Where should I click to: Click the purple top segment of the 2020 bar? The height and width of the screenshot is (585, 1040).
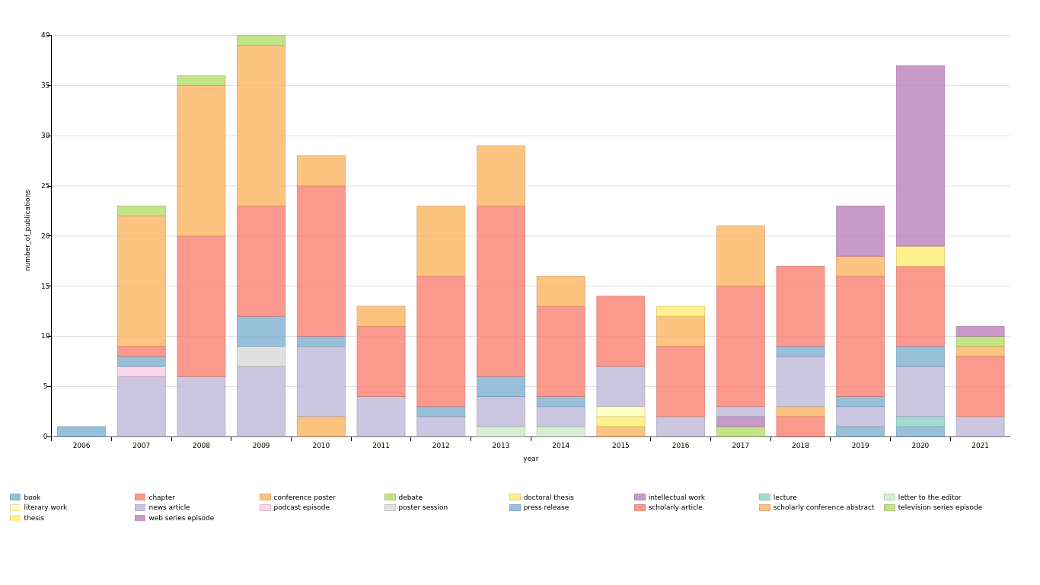(920, 155)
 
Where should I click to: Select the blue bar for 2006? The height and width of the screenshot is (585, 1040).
(81, 431)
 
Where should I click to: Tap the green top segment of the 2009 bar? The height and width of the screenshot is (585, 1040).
(261, 40)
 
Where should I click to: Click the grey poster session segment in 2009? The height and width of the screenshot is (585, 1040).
(261, 356)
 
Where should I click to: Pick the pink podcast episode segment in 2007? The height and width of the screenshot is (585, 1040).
(141, 371)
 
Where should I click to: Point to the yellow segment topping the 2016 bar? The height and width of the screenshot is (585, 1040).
(681, 311)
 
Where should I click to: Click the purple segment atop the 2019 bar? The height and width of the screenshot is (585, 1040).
(860, 231)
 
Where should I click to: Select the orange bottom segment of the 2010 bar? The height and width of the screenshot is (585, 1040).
(321, 427)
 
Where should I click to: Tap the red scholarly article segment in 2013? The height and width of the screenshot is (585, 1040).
(500, 291)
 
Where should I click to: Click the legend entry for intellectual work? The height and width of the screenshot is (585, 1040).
(676, 497)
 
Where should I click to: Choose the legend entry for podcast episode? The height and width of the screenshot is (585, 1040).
(301, 507)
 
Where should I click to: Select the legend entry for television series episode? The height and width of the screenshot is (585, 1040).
(940, 507)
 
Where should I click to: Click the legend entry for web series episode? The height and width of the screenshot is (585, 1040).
(181, 518)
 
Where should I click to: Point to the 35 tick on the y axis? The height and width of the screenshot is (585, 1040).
(45, 85)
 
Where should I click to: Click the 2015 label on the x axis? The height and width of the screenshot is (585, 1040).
(620, 446)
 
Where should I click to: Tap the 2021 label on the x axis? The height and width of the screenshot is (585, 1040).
(980, 446)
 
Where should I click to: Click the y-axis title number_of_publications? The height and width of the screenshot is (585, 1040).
(27, 230)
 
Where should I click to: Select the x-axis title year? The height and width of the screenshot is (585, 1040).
(531, 459)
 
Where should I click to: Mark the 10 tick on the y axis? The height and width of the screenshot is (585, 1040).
(45, 336)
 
